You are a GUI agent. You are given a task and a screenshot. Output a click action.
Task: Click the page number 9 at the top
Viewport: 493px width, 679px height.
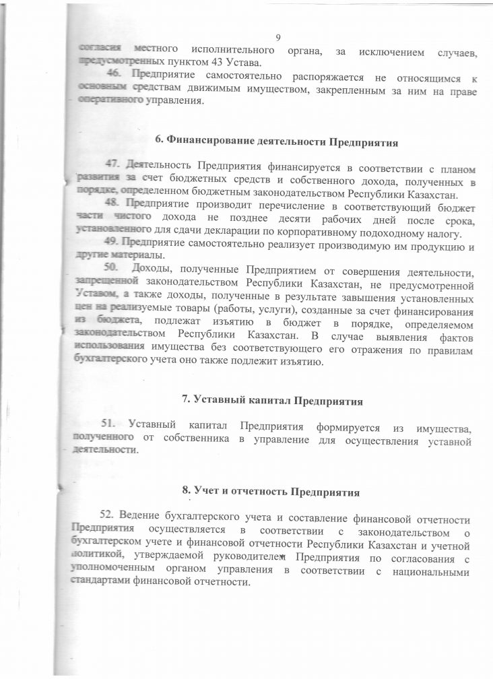pyautogui.click(x=278, y=37)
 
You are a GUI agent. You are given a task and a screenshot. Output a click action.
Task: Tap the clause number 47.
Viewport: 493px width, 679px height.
pyautogui.click(x=114, y=166)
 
